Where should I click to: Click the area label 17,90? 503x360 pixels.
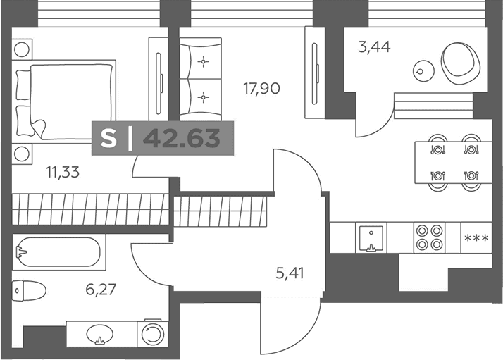click(262, 89)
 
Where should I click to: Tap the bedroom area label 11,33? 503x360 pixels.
click(63, 173)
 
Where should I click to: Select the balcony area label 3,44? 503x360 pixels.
click(374, 47)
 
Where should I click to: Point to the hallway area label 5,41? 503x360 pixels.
click(290, 273)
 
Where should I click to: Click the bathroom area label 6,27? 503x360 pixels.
click(101, 290)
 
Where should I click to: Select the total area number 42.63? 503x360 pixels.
click(182, 138)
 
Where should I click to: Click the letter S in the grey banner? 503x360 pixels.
click(108, 138)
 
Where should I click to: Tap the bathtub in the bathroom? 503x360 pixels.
click(58, 252)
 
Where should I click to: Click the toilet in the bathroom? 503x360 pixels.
click(29, 290)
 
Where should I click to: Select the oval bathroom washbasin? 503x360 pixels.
click(99, 334)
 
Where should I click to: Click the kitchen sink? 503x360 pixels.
click(371, 237)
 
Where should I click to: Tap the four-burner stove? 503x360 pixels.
click(429, 237)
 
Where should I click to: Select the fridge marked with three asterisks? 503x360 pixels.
click(476, 237)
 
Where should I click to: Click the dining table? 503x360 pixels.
click(453, 163)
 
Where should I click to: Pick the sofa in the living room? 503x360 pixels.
click(201, 79)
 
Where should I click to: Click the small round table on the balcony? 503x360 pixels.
click(423, 71)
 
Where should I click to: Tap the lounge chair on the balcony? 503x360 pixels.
click(461, 63)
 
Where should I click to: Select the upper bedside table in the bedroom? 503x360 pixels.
click(22, 49)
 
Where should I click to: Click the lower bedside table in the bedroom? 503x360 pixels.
click(22, 154)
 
